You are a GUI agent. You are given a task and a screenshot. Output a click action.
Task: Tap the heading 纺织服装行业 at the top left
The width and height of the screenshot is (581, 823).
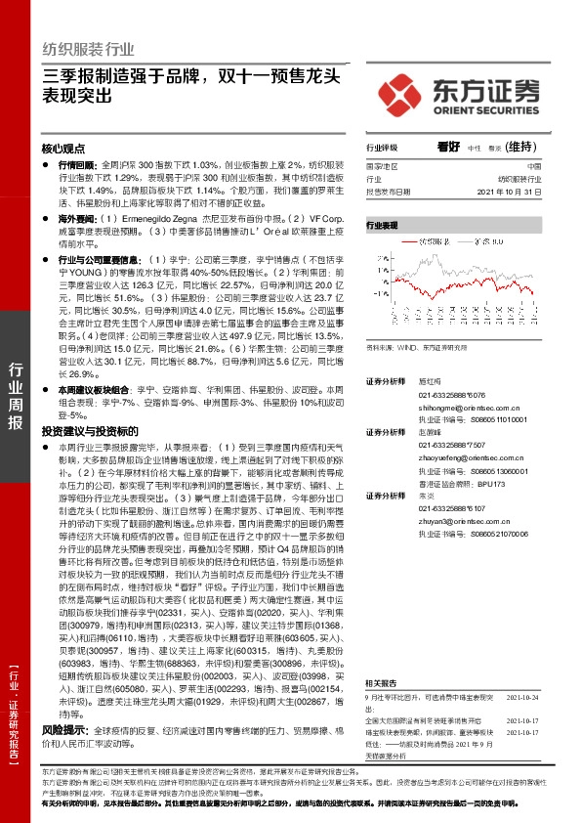(87, 48)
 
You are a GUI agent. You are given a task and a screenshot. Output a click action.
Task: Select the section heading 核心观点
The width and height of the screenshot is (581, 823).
(63, 150)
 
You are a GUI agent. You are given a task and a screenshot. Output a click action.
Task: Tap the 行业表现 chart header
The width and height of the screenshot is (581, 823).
(383, 225)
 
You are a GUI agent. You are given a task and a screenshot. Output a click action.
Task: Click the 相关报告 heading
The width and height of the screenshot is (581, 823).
(381, 684)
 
